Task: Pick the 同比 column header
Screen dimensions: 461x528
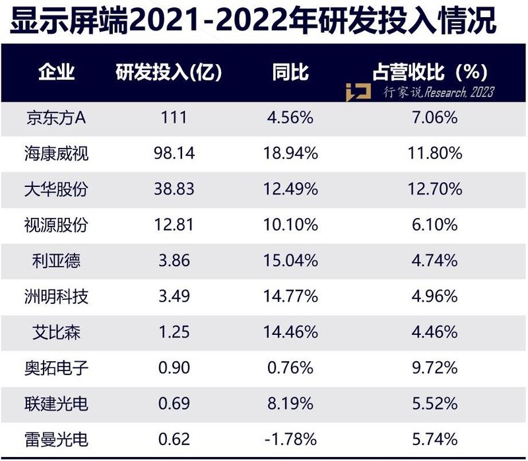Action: pos(290,72)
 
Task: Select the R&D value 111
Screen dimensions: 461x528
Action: pos(174,118)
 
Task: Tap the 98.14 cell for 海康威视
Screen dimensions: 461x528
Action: pos(174,154)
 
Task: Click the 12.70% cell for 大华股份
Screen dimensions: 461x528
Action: pos(433,190)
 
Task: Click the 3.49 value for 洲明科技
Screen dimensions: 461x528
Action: pos(174,297)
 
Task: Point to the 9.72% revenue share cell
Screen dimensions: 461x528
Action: pos(433,368)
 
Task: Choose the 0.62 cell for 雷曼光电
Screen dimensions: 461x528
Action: pos(174,439)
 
